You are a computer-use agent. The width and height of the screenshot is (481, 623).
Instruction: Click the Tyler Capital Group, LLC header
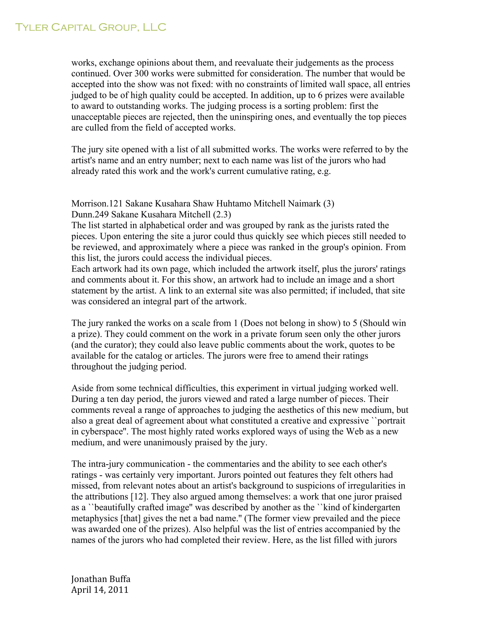tap(90, 27)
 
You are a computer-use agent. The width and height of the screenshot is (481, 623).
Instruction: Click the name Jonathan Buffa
tap(101, 579)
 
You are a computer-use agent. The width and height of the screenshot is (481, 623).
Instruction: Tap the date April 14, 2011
tap(100, 590)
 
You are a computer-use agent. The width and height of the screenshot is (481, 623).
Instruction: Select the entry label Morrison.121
tap(97, 204)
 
